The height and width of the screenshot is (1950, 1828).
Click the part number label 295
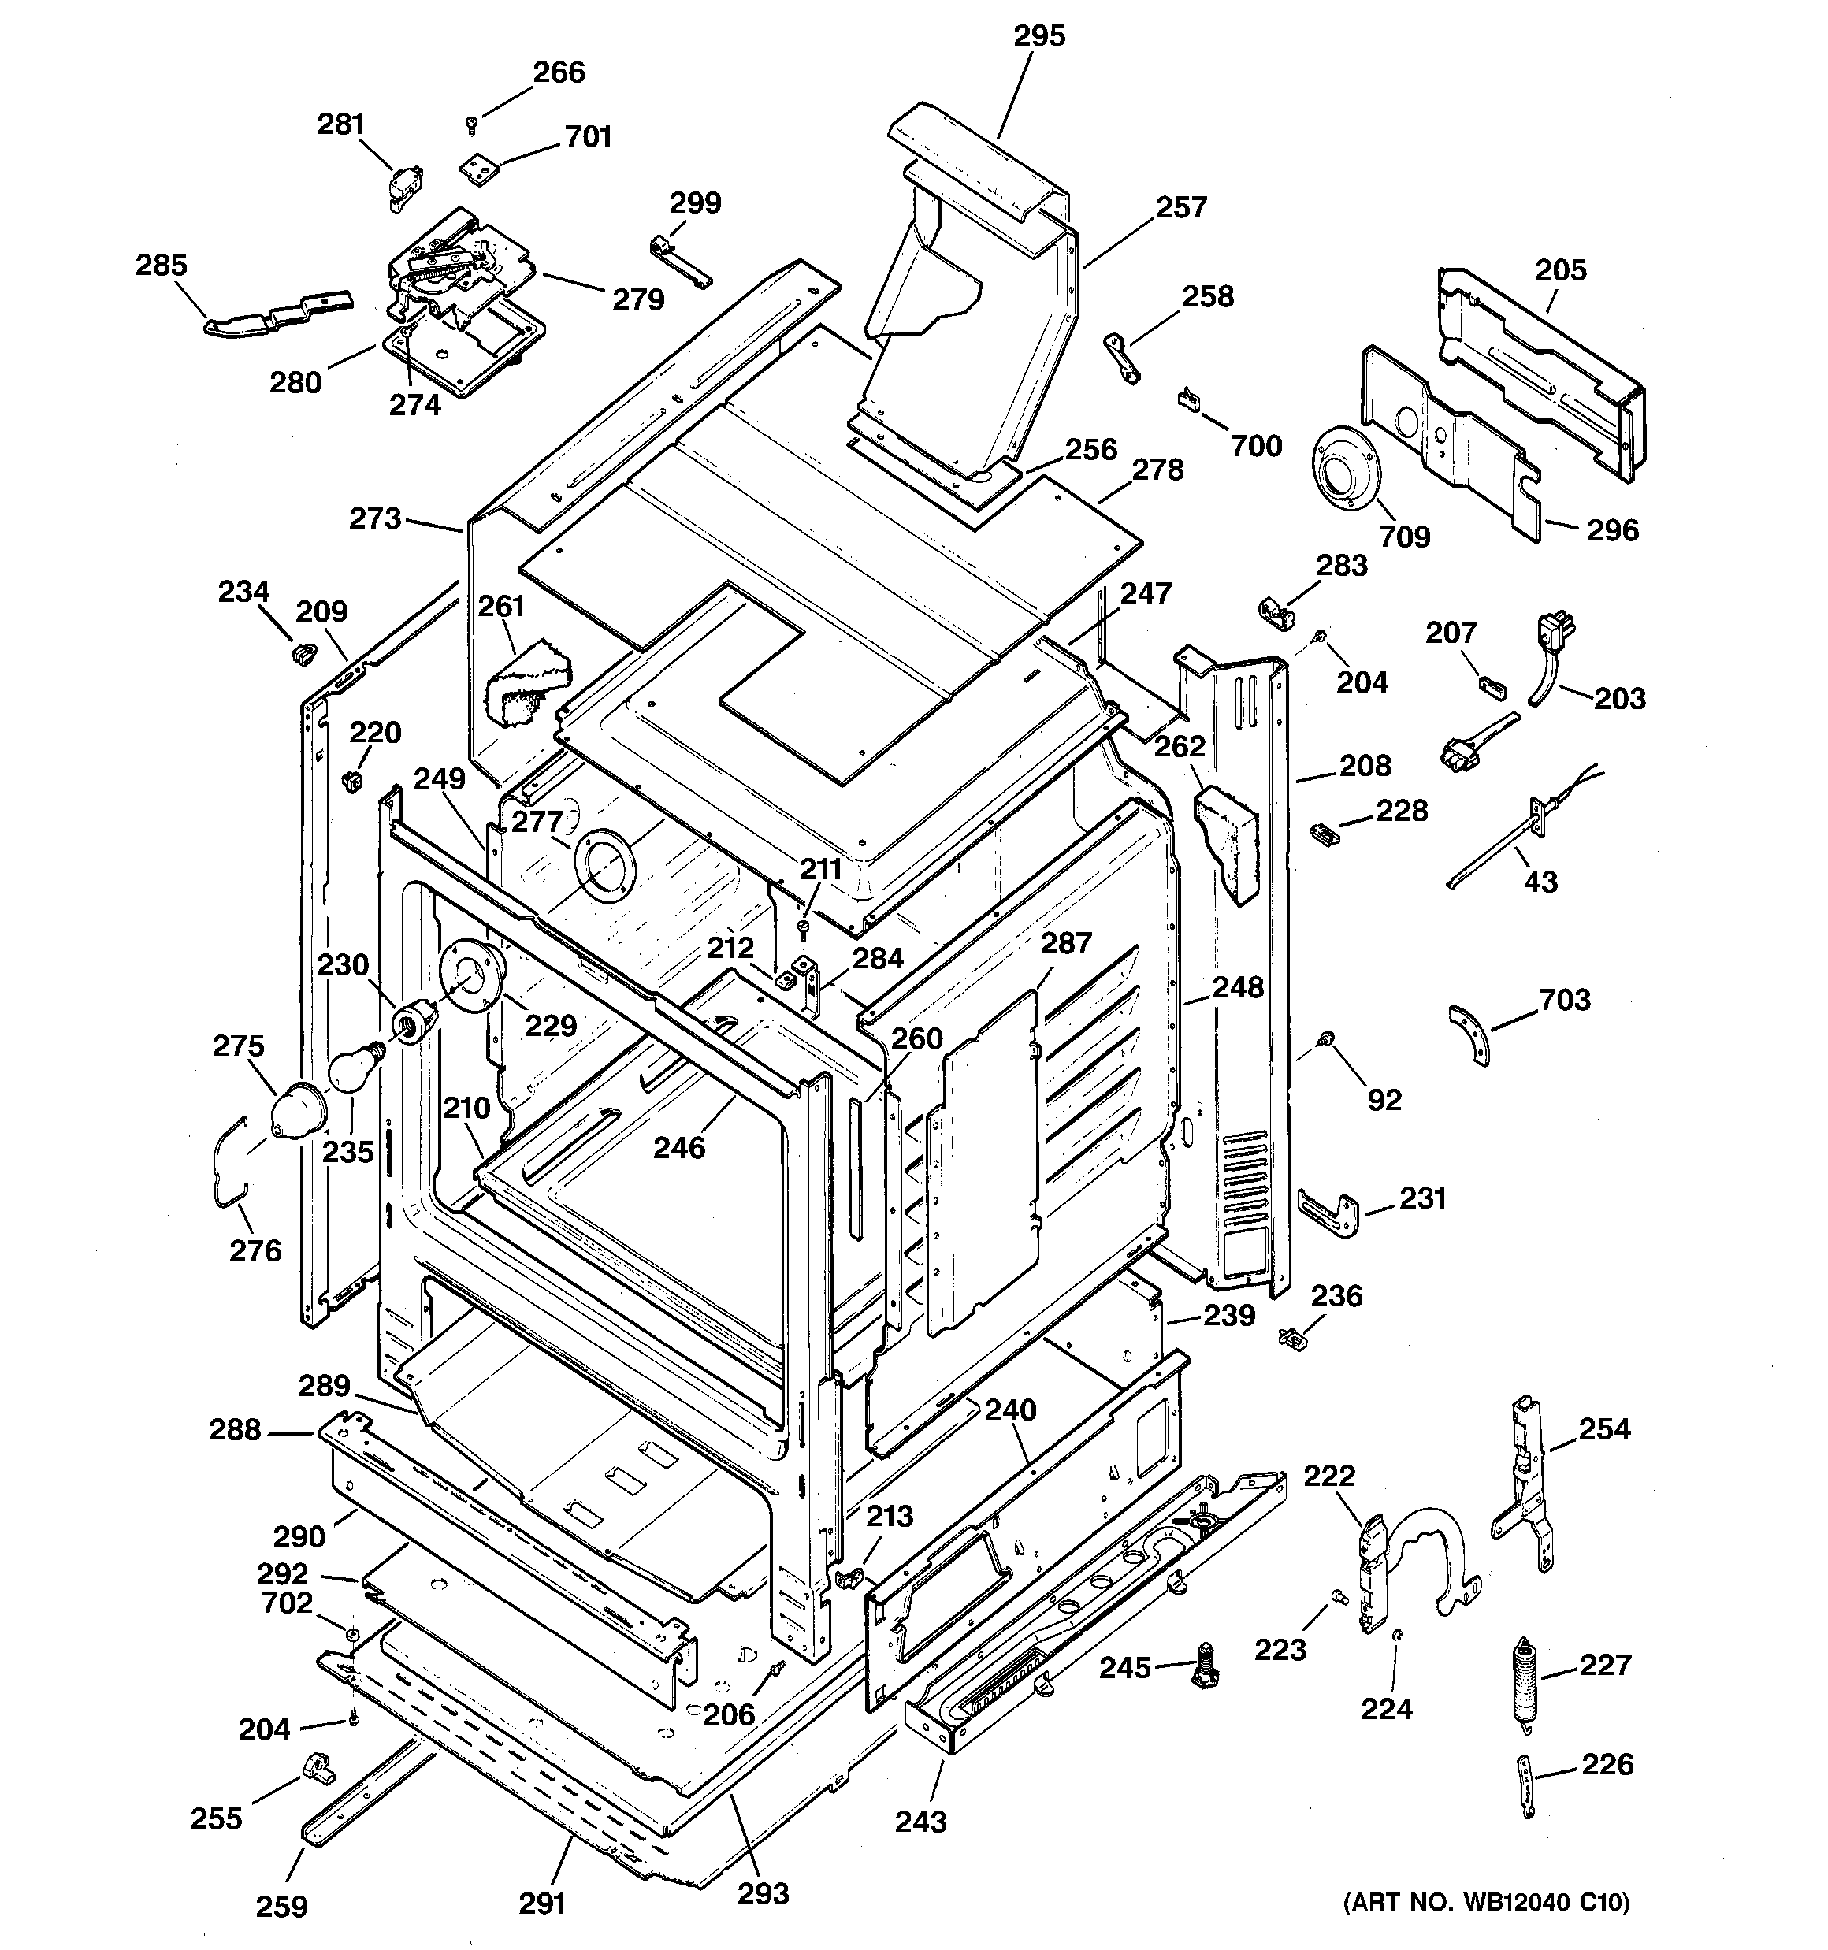1038,36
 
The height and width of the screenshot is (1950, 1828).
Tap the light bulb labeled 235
351,1068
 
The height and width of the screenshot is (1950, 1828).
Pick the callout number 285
161,265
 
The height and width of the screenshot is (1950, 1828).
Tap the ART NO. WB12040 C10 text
1484,1902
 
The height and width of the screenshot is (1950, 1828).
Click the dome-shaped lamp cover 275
296,1112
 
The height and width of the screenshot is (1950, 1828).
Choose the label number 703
1564,1000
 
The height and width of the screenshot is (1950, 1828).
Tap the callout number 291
541,1903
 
